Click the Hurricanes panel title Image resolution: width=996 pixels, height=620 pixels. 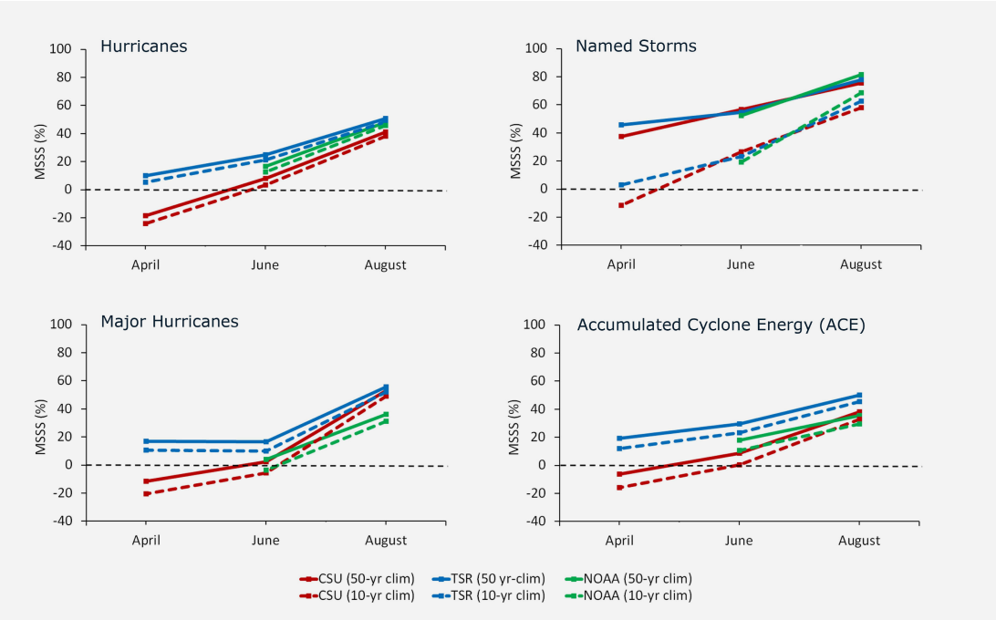(143, 46)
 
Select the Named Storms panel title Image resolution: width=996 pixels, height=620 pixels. (635, 46)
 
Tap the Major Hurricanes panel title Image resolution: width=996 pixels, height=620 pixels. (170, 321)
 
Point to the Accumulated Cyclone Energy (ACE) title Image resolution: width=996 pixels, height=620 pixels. (721, 325)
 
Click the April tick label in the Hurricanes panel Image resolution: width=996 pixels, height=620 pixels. (145, 265)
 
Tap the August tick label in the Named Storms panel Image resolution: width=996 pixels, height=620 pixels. (860, 265)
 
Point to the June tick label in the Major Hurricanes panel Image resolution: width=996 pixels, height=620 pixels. (265, 541)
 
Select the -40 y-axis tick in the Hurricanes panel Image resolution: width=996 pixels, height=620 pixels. (62, 246)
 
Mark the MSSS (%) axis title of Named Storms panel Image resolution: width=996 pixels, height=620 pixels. (517, 146)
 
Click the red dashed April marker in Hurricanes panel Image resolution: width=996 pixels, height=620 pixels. (145, 223)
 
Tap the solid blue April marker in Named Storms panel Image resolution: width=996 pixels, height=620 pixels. (621, 125)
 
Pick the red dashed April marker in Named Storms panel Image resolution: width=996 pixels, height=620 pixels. (621, 205)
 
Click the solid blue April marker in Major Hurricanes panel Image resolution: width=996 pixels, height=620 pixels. (145, 441)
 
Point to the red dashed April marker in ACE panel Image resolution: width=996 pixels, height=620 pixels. (620, 488)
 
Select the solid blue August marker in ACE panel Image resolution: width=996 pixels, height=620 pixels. (859, 395)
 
